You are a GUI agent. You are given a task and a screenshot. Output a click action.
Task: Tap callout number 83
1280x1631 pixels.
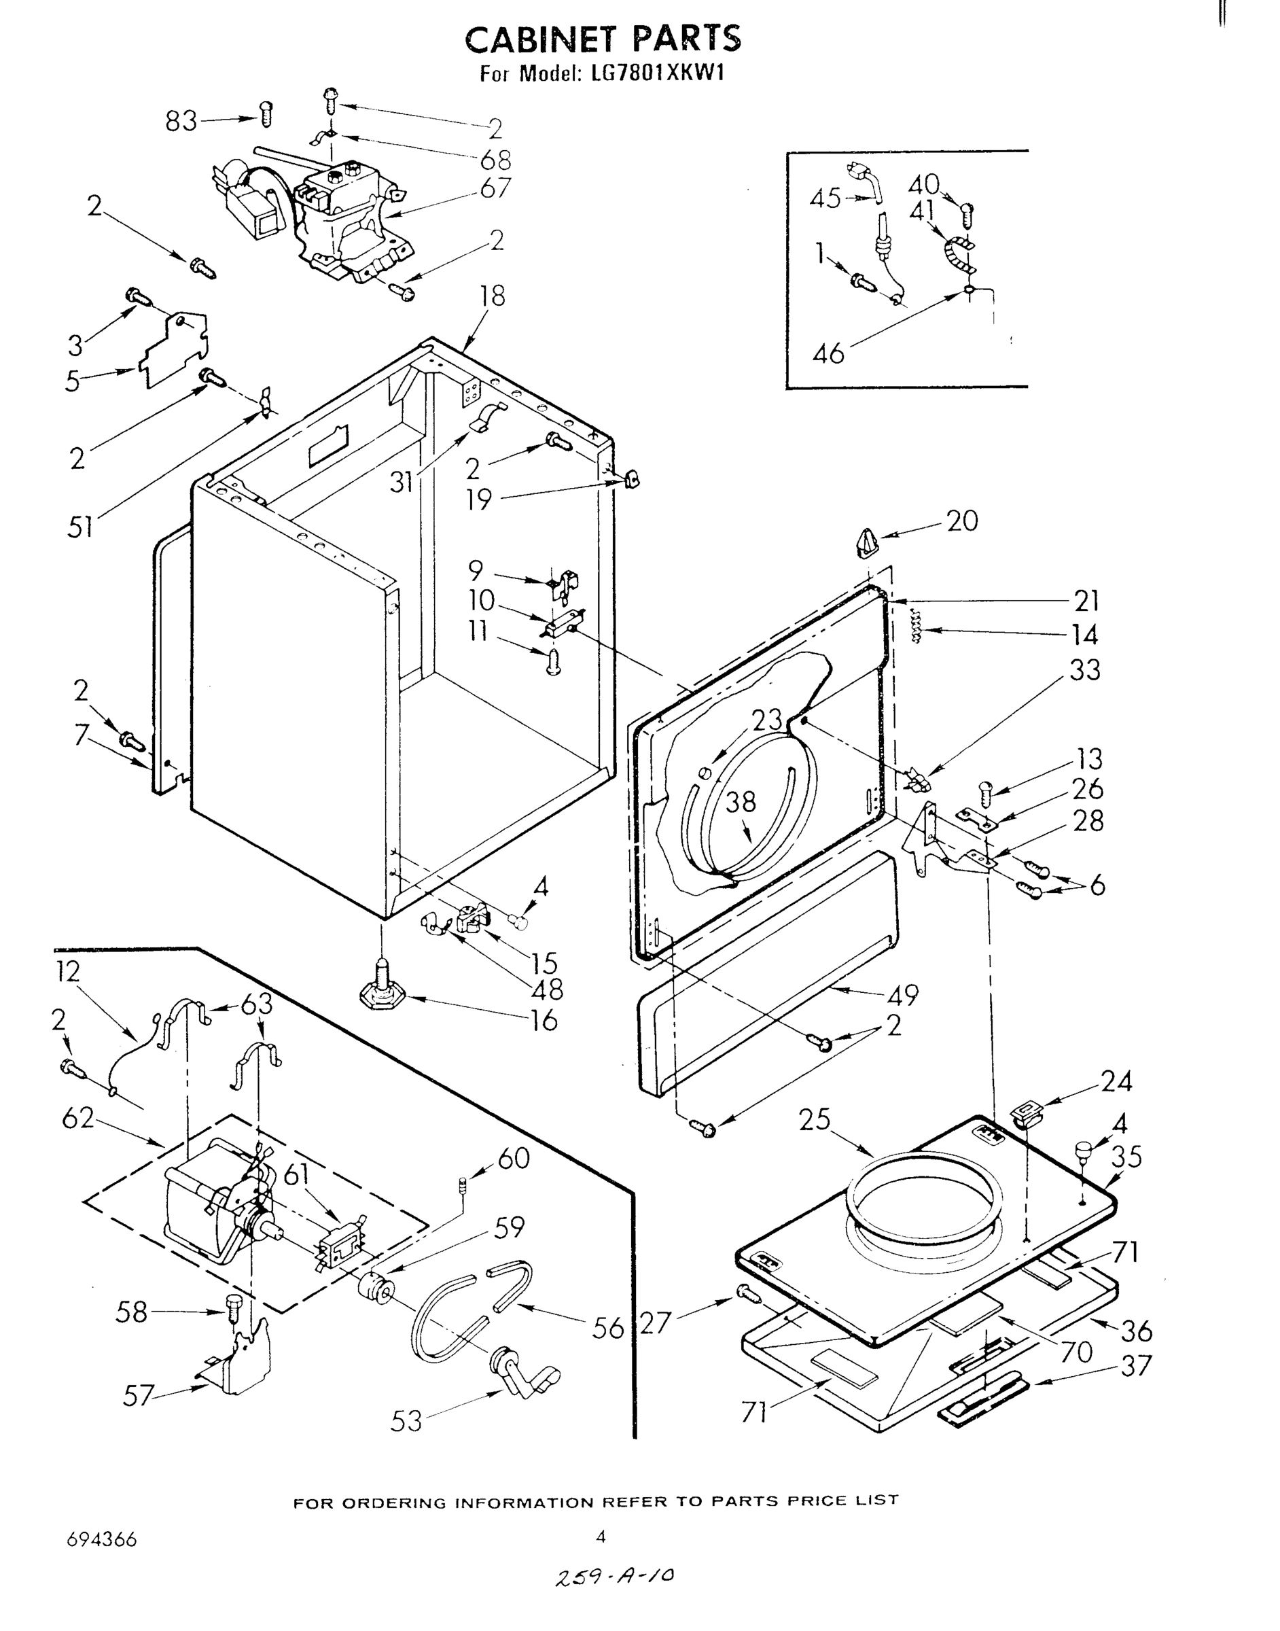click(181, 121)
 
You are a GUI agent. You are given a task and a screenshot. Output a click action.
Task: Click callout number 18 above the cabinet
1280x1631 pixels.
click(493, 297)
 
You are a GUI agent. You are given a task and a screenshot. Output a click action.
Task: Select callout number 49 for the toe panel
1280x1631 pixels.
click(902, 995)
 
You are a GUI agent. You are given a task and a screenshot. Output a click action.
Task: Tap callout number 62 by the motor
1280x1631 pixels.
click(78, 1119)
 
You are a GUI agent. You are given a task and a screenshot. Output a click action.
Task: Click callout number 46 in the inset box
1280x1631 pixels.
click(828, 351)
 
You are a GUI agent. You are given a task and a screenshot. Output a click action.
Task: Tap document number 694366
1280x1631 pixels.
click(102, 1539)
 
